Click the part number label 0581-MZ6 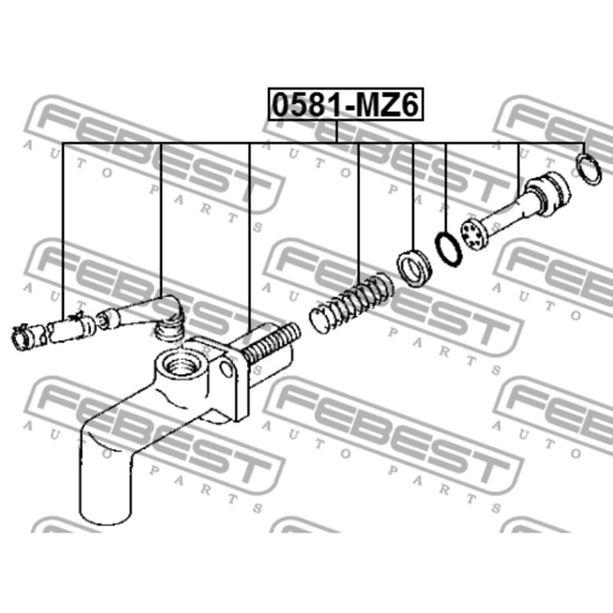click(x=346, y=104)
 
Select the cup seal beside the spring click(x=414, y=268)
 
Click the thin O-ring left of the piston click(x=448, y=250)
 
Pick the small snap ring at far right click(x=588, y=169)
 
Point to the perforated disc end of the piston click(x=475, y=234)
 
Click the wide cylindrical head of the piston click(x=546, y=194)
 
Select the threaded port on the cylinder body click(x=180, y=365)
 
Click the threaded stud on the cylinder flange click(x=271, y=342)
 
